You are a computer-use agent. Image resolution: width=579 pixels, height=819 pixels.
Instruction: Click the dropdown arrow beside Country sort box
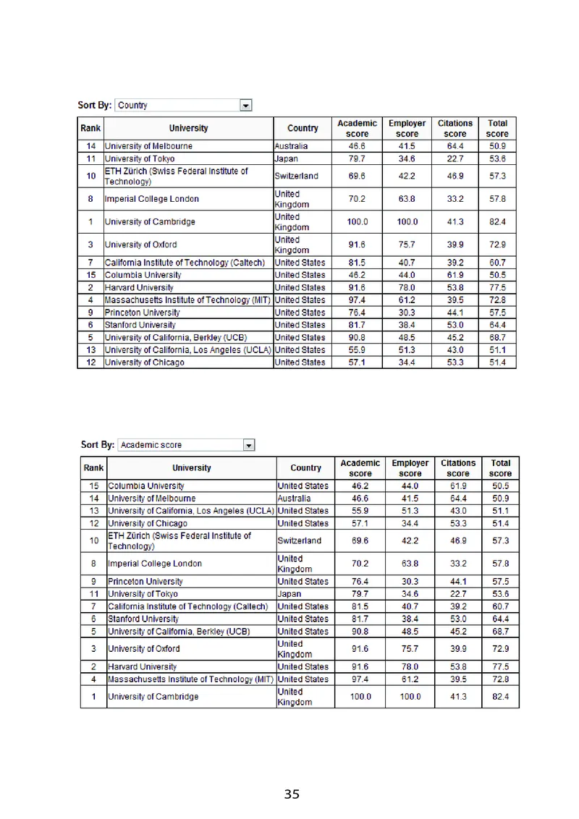tap(246, 106)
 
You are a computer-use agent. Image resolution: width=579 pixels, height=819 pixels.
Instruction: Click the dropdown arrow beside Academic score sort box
tap(249, 445)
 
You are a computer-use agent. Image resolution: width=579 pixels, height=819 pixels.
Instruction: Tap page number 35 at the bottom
tap(292, 794)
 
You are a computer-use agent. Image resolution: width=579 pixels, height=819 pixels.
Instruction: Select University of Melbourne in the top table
tap(148, 146)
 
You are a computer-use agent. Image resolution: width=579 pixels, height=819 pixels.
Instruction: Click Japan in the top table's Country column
tap(287, 158)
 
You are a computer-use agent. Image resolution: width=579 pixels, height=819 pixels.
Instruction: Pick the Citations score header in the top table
tap(455, 128)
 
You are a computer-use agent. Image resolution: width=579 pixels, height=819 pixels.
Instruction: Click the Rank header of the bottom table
tap(94, 467)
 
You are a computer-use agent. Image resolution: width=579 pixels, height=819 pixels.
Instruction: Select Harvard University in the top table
tap(139, 287)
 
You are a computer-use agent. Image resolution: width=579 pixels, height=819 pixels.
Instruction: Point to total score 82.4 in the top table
tap(497, 221)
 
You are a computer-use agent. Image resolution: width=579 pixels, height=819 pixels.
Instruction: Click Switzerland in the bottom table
tap(299, 540)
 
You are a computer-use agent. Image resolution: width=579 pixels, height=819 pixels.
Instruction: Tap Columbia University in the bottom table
tap(145, 486)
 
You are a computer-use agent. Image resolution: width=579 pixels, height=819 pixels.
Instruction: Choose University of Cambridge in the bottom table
tap(153, 697)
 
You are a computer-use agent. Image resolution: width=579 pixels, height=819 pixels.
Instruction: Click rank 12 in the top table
tap(91, 362)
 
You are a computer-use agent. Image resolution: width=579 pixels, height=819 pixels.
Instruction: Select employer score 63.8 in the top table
tap(407, 199)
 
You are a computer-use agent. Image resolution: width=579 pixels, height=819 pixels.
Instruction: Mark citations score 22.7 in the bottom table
tap(458, 594)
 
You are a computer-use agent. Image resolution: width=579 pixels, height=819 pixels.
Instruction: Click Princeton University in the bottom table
tap(145, 582)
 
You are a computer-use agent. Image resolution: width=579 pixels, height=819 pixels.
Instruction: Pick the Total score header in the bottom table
tap(500, 467)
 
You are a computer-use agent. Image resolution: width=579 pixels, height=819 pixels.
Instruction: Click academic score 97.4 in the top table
tap(357, 300)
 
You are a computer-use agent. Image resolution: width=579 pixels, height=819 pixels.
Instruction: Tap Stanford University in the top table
tap(140, 325)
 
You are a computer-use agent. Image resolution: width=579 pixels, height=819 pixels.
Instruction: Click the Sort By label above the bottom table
tap(98, 445)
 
